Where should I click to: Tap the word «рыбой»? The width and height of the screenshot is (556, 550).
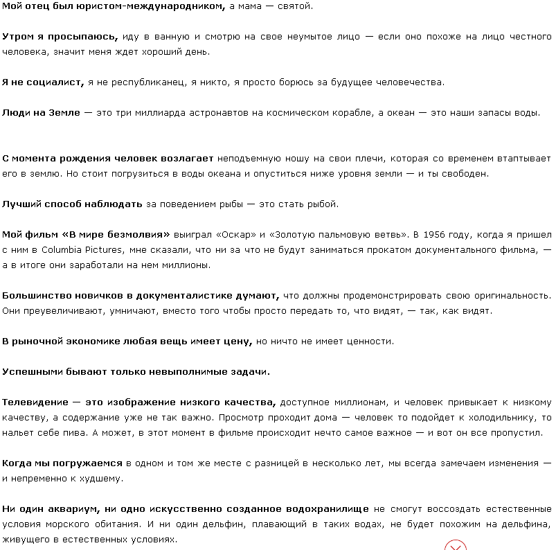(323, 204)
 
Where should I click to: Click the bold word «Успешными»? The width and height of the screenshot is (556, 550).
(34, 372)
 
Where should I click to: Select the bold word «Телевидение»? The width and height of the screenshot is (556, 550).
(35, 402)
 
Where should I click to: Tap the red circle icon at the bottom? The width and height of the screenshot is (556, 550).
(455, 545)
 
